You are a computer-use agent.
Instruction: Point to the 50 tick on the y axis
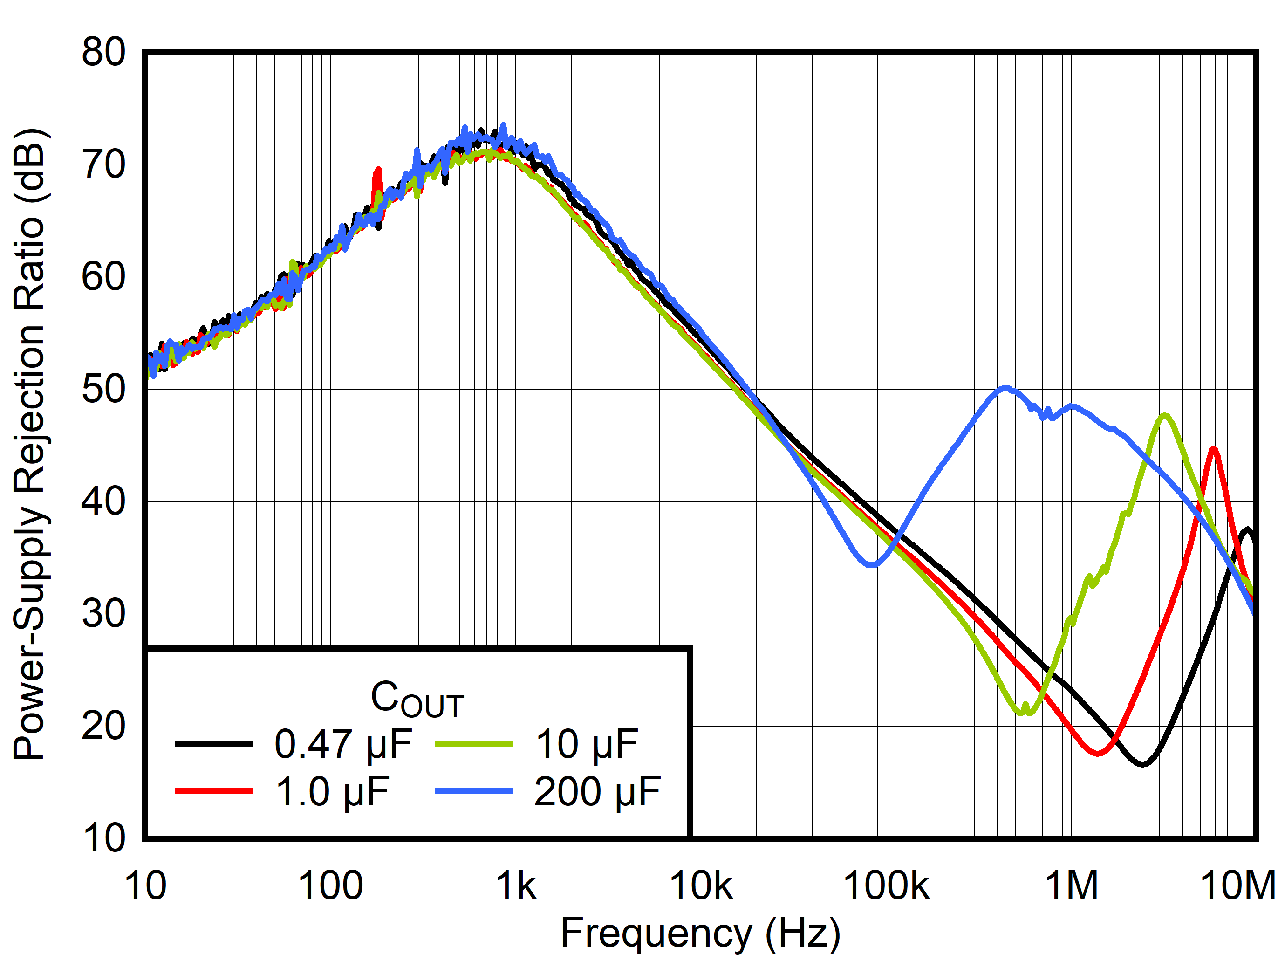(x=103, y=389)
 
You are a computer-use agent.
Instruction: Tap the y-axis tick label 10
(x=103, y=838)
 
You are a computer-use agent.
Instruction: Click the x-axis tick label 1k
(x=516, y=885)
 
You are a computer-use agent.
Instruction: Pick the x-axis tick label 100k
(x=885, y=885)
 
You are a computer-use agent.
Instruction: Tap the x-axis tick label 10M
(x=1237, y=885)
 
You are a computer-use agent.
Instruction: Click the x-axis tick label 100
(x=330, y=885)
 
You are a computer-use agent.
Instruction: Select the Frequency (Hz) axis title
(x=700, y=934)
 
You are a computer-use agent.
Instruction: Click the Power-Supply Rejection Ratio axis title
(x=29, y=445)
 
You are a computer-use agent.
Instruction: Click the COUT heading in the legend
(x=417, y=699)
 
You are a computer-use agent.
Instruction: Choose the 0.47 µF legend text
(x=343, y=744)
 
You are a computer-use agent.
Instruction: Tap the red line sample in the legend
(x=214, y=791)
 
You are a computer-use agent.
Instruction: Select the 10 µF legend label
(x=587, y=744)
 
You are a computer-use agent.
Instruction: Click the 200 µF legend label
(x=597, y=791)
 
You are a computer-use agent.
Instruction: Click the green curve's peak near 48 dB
(x=1164, y=415)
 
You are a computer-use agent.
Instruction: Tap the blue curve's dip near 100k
(x=871, y=565)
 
